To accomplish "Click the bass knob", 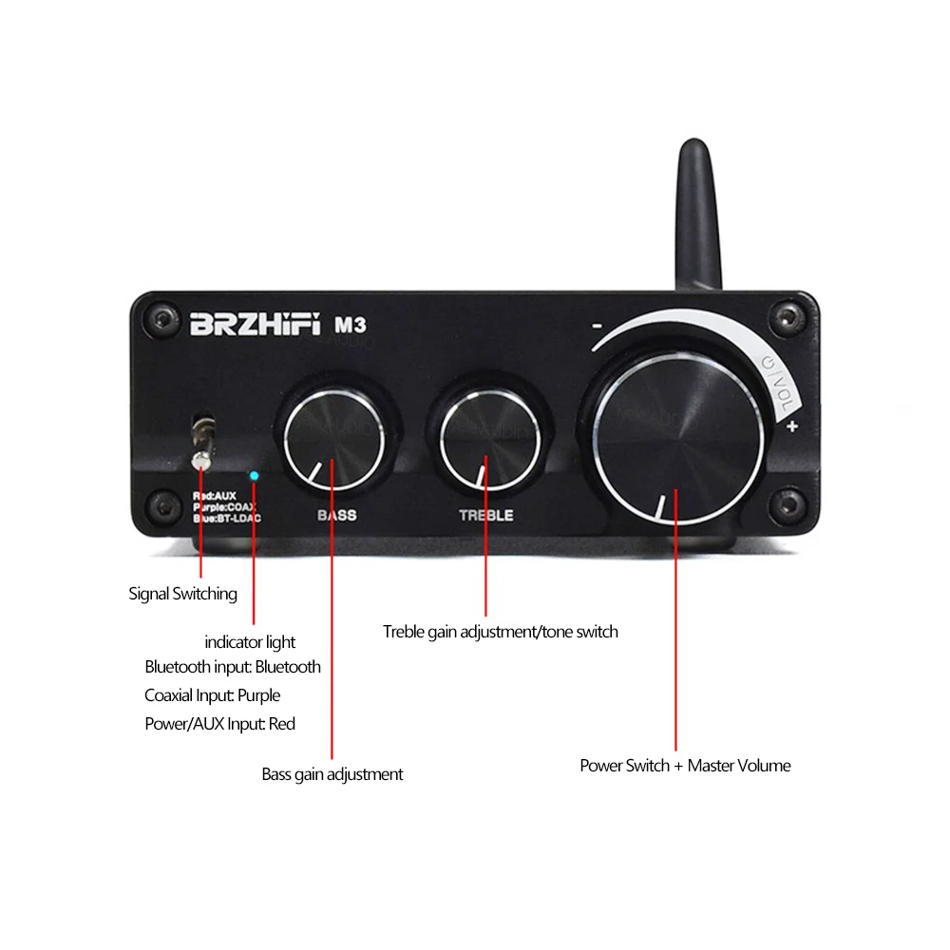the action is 332,436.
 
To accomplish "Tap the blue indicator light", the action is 255,475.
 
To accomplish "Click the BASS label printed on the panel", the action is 336,515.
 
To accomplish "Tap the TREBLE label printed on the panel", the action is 485,515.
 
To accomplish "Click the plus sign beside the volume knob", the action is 791,427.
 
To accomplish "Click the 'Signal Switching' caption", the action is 182,595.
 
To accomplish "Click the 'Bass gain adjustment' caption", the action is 332,774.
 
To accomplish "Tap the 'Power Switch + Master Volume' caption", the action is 685,766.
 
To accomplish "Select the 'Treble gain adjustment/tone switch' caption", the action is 500,632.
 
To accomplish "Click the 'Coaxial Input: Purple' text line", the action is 212,695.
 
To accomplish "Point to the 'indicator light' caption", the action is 250,643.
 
